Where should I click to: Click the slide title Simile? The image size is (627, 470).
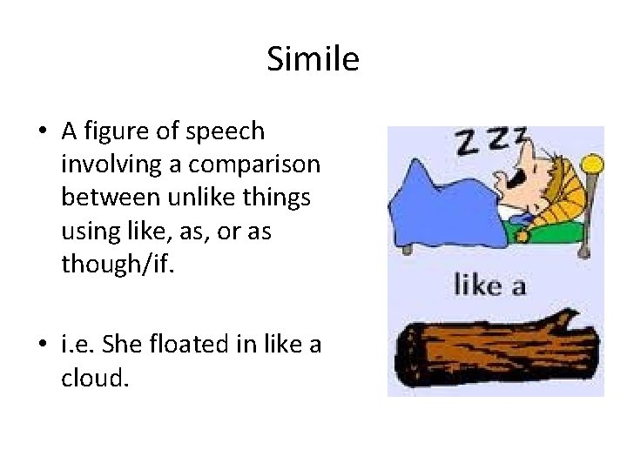pyautogui.click(x=313, y=60)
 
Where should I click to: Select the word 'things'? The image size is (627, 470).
pyautogui.click(x=280, y=197)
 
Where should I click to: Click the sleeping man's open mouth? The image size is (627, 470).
pyautogui.click(x=498, y=180)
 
